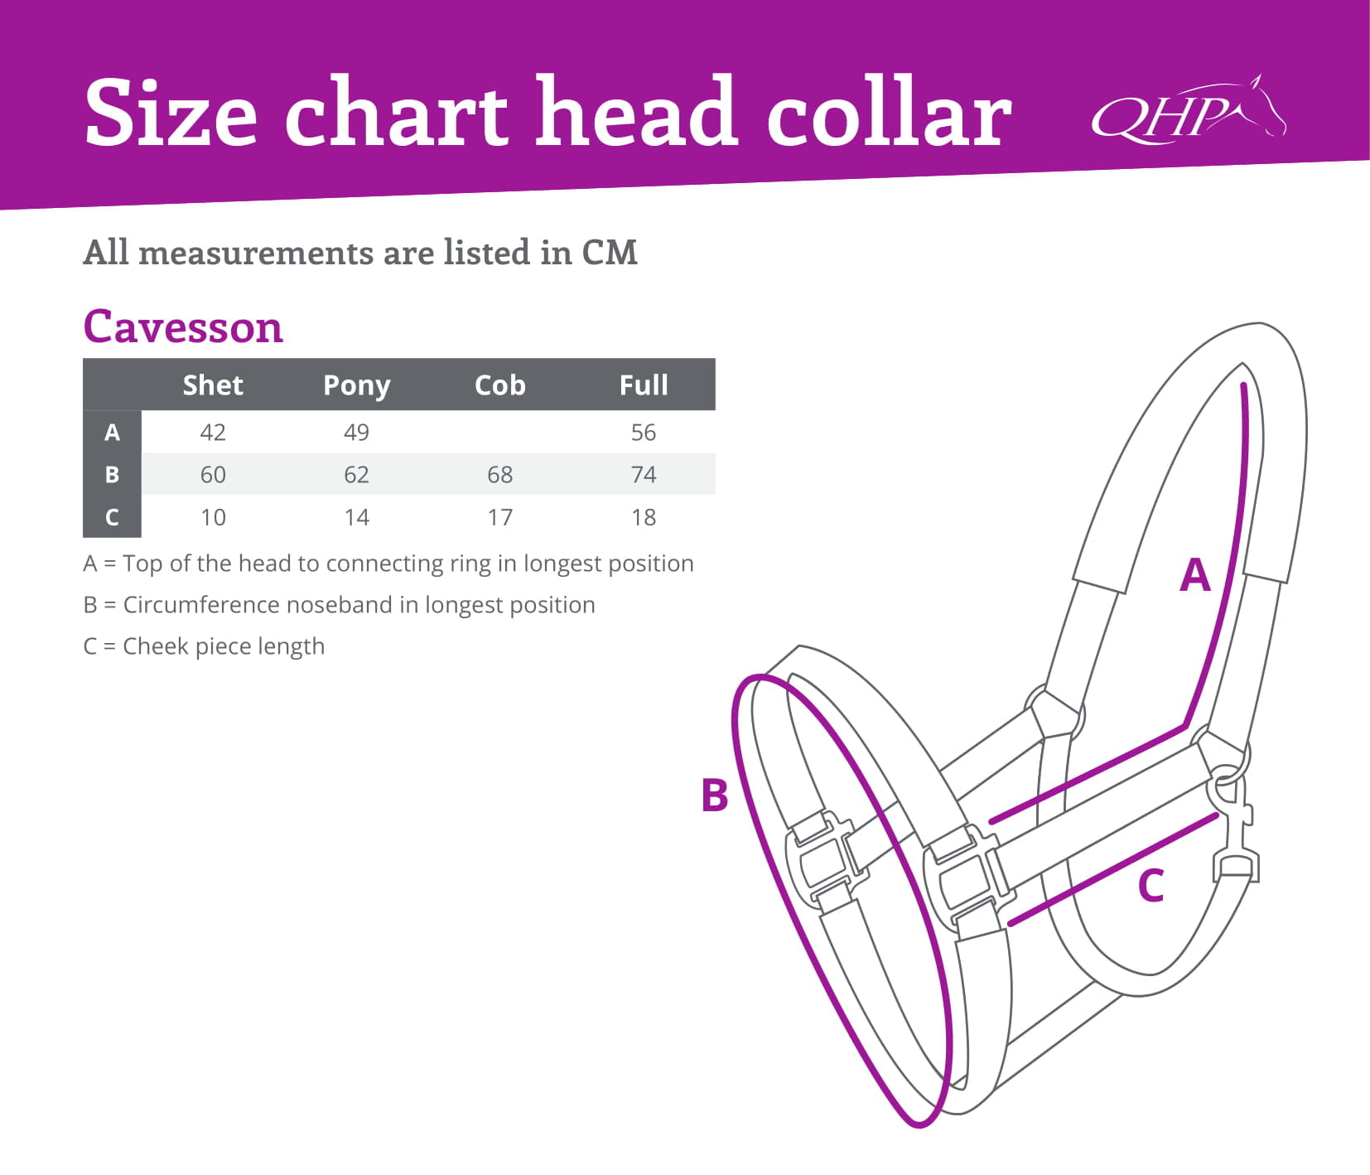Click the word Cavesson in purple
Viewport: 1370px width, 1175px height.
click(x=183, y=326)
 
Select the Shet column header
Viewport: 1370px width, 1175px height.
click(x=213, y=385)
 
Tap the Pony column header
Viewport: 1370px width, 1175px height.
click(x=356, y=386)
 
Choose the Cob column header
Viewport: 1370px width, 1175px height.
click(x=499, y=385)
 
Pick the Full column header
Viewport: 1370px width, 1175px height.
click(x=644, y=385)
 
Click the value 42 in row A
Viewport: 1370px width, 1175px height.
click(x=213, y=433)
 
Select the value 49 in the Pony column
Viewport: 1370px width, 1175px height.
click(x=356, y=433)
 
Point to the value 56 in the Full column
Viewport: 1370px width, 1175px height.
click(x=644, y=433)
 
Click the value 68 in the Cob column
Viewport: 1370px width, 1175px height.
click(x=499, y=475)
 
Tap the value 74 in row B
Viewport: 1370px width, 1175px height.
click(x=644, y=475)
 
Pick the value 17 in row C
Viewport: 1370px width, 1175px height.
click(x=499, y=518)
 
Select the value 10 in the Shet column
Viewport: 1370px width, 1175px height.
click(x=213, y=518)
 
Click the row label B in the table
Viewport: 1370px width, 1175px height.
click(x=112, y=475)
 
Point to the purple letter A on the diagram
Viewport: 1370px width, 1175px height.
click(x=1194, y=574)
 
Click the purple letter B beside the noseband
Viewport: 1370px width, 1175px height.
click(x=714, y=795)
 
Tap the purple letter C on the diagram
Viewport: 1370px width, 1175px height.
click(x=1151, y=886)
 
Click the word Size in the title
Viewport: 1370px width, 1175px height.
click(x=171, y=112)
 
